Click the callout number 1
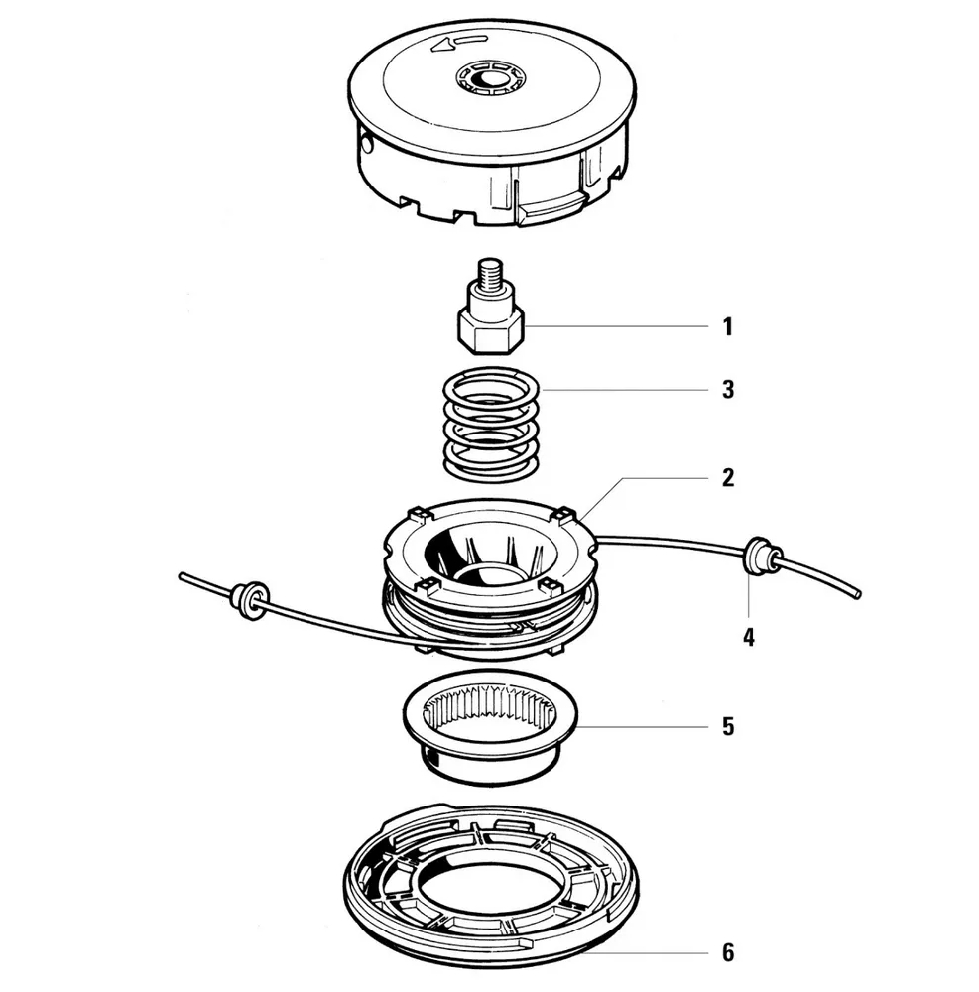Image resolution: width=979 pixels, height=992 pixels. [727, 327]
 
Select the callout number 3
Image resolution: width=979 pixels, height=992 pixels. [727, 389]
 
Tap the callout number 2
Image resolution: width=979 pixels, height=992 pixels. [727, 478]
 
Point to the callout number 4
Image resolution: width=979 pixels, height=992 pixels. [749, 636]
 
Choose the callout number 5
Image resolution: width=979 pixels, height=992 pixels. [727, 727]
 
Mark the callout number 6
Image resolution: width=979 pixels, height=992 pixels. [727, 954]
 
